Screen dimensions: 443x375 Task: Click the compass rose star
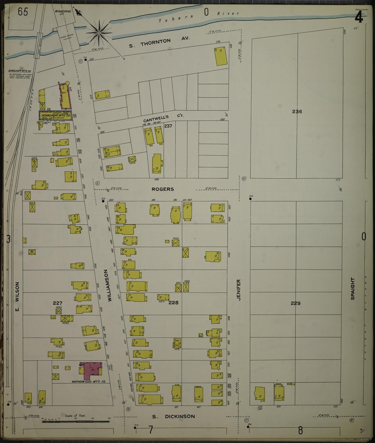click(99, 33)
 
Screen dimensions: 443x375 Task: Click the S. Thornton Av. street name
click(159, 42)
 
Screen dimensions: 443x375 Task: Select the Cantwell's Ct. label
click(164, 118)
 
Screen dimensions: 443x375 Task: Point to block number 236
click(297, 112)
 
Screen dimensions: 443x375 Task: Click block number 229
click(296, 303)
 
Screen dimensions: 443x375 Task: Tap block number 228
click(173, 302)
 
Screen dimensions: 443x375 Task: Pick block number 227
click(57, 303)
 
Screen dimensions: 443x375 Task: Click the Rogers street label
click(163, 189)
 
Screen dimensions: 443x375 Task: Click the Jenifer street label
click(238, 290)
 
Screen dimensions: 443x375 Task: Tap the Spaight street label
click(352, 288)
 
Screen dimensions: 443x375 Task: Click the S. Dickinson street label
click(173, 417)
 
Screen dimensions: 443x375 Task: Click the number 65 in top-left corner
click(23, 12)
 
